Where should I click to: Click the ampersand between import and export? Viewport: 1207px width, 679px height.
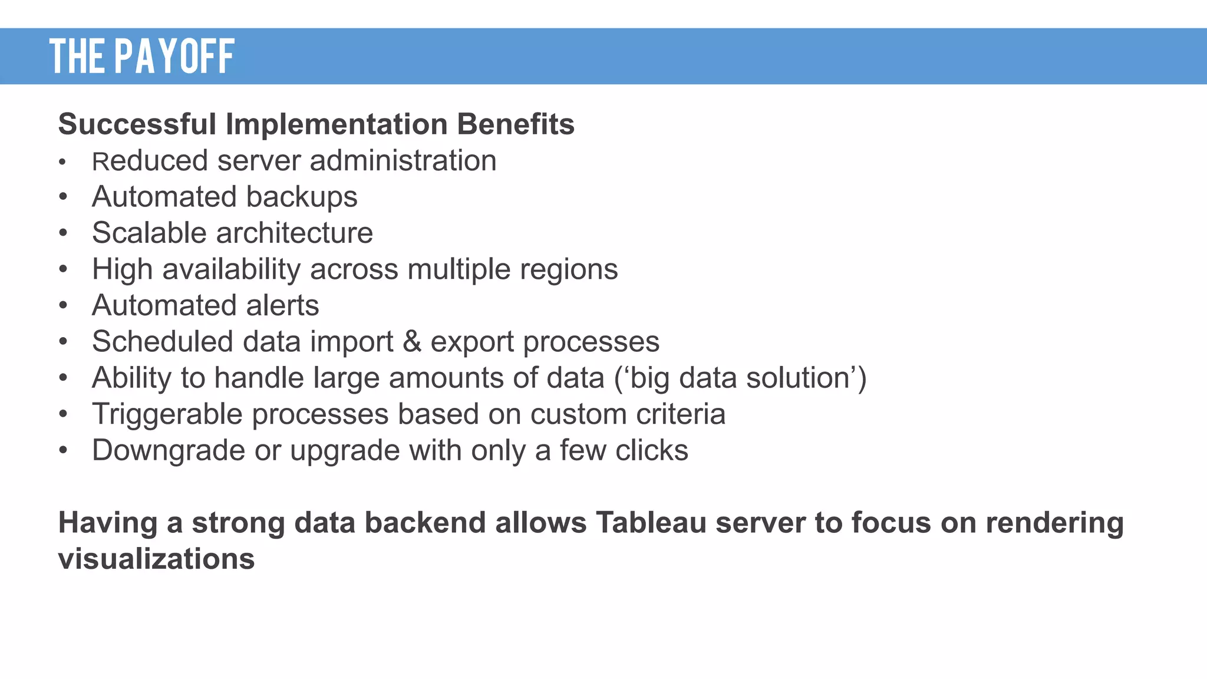[x=412, y=342]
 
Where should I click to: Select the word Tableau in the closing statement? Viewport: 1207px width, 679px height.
[x=651, y=523]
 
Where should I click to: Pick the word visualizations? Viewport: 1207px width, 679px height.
[x=156, y=559]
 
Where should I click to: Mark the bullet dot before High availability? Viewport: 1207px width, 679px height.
[x=63, y=270]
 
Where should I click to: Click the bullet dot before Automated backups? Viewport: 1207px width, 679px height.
[x=63, y=197]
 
